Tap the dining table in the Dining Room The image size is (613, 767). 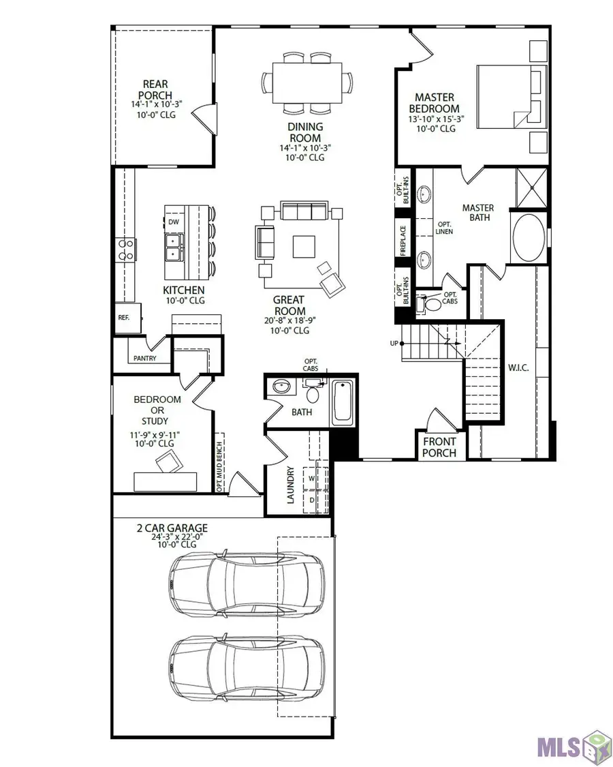click(x=308, y=82)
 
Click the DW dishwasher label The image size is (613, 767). click(x=174, y=222)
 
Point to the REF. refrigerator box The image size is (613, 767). click(x=125, y=318)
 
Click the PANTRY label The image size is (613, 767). click(x=144, y=359)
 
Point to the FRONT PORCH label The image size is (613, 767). click(x=439, y=447)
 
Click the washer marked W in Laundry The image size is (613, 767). click(x=313, y=479)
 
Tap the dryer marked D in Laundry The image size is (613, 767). click(x=313, y=500)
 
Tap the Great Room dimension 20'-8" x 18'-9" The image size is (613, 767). click(x=289, y=320)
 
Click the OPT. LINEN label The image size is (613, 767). click(x=445, y=228)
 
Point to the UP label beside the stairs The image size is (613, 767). click(x=394, y=343)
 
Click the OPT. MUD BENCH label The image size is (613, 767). click(x=220, y=462)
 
